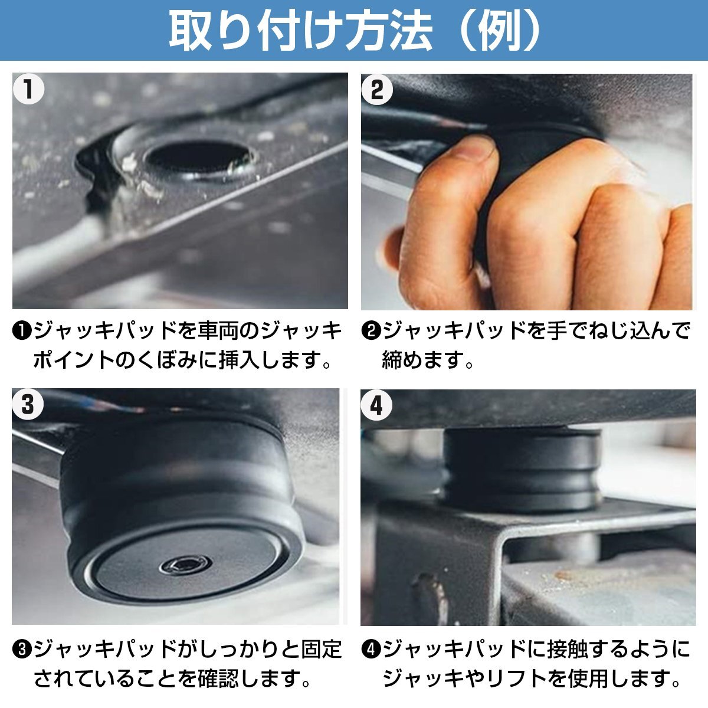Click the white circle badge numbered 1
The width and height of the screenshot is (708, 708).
point(28,89)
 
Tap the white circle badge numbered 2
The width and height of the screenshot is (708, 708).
point(377,90)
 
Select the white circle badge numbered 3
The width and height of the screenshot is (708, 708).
point(28,405)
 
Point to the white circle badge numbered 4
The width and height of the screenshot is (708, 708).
point(376,405)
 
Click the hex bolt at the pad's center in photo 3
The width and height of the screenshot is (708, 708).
point(185,566)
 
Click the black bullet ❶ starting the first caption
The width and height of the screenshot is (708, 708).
point(22,332)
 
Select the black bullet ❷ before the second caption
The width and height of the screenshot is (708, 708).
point(371,332)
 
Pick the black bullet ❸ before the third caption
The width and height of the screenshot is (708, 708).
point(22,650)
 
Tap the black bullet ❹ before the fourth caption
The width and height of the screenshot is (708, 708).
point(371,650)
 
